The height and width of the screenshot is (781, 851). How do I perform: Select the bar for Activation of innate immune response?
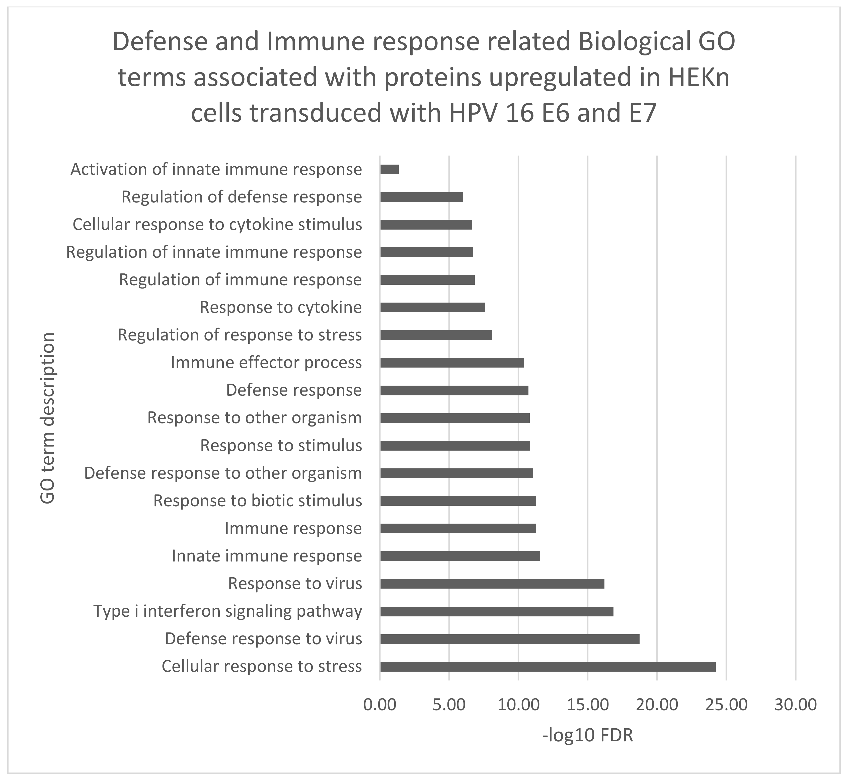(x=389, y=169)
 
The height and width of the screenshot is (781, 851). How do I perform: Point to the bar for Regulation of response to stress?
(x=436, y=335)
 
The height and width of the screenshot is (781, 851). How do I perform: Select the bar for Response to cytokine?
(x=433, y=307)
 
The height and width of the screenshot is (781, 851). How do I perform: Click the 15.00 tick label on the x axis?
(x=587, y=704)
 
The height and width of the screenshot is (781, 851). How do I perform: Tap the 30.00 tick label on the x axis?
(x=795, y=704)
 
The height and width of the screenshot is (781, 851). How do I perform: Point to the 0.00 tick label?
(x=380, y=704)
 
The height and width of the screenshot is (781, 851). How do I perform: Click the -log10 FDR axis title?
(x=587, y=736)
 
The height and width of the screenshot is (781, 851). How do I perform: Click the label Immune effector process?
(x=266, y=363)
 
